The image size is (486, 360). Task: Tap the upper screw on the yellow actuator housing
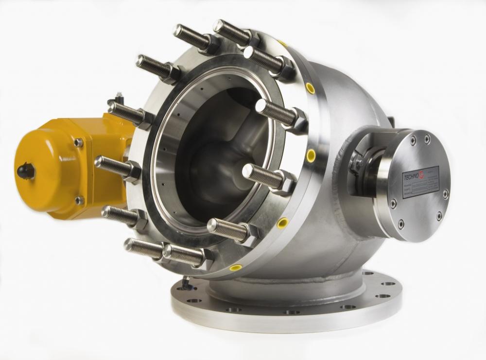tap(78, 142)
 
